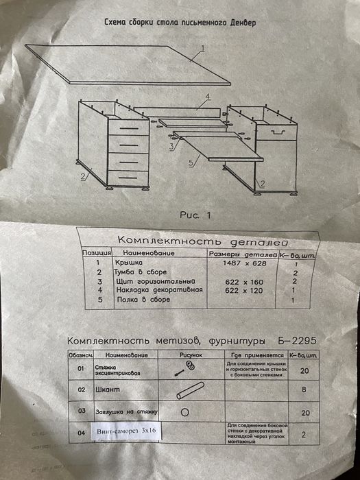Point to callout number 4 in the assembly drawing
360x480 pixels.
click(x=204, y=97)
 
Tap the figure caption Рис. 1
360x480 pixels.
click(x=196, y=215)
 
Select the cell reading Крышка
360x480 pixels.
click(x=128, y=263)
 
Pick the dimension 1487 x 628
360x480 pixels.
click(x=241, y=263)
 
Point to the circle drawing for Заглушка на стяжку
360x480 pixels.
click(x=184, y=413)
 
